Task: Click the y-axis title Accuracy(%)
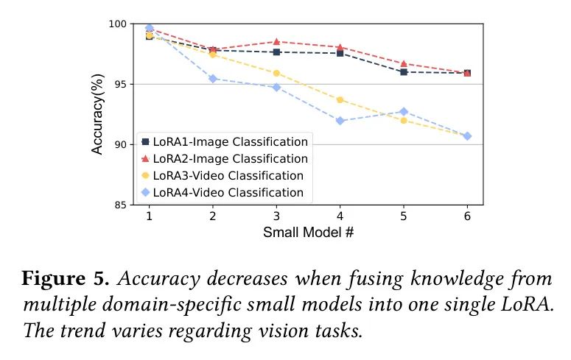coord(97,115)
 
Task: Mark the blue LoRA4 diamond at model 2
coord(212,78)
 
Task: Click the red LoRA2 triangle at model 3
coord(276,41)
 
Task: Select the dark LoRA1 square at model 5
coord(403,71)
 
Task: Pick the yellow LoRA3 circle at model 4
coord(340,99)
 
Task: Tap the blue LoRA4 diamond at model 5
coord(403,111)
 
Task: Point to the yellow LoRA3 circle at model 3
coord(276,73)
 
